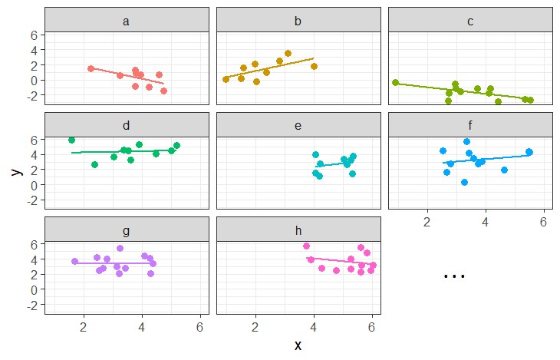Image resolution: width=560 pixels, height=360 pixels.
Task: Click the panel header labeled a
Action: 127,21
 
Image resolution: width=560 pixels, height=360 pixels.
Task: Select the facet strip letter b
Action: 298,21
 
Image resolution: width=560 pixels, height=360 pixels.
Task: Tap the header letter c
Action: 470,21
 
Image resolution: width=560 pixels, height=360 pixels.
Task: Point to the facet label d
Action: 127,125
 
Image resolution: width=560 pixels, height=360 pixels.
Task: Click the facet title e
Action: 298,125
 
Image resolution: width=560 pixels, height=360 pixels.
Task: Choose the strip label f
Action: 470,125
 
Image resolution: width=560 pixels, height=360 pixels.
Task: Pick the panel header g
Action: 127,230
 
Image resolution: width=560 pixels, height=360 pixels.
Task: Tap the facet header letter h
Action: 298,230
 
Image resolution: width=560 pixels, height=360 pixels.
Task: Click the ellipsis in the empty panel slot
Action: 454,275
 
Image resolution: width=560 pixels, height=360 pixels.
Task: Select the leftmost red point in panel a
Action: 91,68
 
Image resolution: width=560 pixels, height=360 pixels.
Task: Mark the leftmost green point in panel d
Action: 71,140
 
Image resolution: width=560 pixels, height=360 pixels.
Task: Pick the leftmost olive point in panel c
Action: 395,82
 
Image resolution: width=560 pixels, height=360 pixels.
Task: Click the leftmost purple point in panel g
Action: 74,261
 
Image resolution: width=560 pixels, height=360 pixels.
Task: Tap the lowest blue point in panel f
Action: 464,182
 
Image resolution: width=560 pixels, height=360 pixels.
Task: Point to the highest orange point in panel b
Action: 288,53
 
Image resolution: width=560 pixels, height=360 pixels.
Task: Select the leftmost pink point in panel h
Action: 306,246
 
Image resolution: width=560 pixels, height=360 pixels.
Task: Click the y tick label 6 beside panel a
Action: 35,35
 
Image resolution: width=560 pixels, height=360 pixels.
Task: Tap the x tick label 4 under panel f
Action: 486,223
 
